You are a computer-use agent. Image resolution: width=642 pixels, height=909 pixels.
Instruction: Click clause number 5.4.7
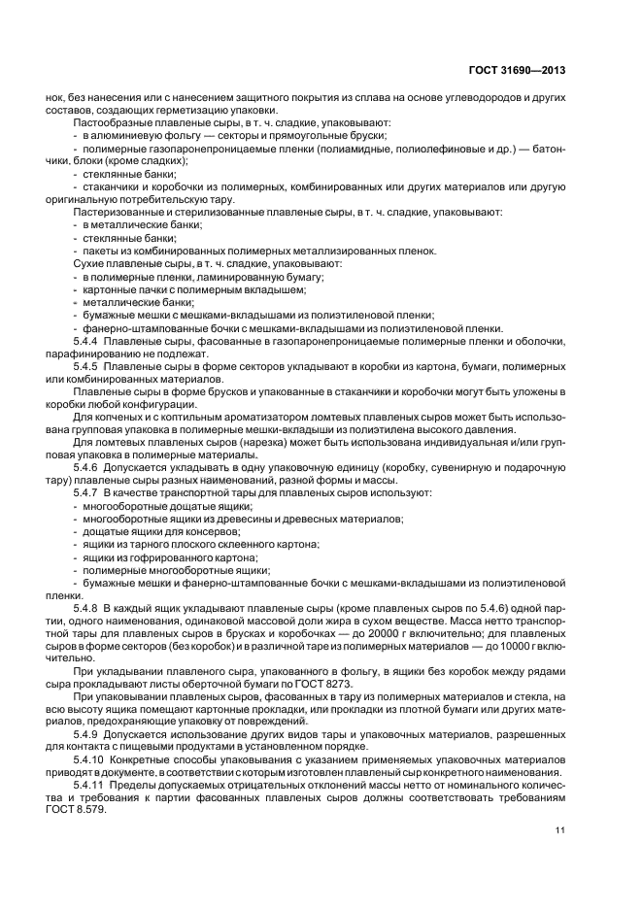[88, 492]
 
